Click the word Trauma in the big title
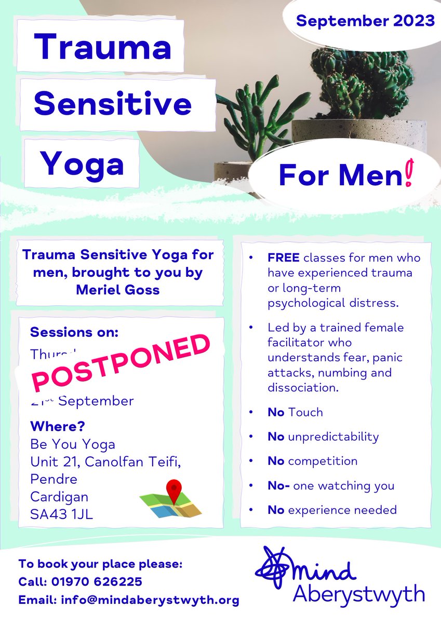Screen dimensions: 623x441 (x=102, y=47)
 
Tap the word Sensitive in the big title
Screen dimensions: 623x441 (x=113, y=104)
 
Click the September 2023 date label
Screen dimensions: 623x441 (x=365, y=21)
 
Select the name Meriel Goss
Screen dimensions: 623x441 (x=118, y=289)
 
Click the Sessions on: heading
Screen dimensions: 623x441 (x=74, y=331)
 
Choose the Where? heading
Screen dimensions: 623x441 (x=57, y=427)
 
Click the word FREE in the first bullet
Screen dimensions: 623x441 (x=282, y=258)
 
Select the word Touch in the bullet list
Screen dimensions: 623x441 (x=305, y=412)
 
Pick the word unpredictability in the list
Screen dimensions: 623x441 (x=333, y=437)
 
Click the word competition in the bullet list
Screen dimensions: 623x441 (x=323, y=461)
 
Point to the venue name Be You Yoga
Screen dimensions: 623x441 (x=73, y=444)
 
